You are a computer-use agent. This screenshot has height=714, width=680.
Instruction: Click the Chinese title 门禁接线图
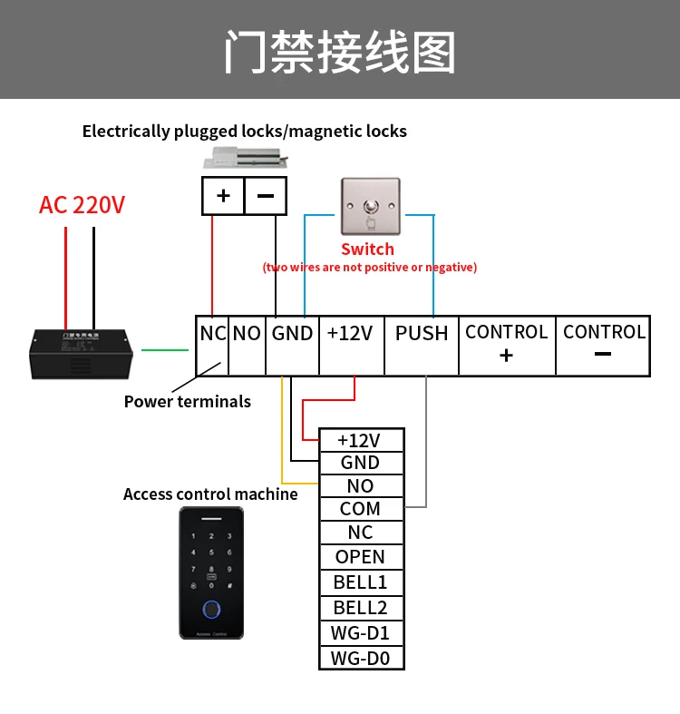point(340,52)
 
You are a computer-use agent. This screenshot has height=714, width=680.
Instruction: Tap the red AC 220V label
point(82,205)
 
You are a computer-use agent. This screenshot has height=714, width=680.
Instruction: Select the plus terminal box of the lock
point(223,195)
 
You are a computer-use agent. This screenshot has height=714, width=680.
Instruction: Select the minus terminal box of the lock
point(266,195)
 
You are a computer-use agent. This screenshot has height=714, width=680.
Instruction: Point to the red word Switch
point(367,249)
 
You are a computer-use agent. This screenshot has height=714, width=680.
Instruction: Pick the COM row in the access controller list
point(360,509)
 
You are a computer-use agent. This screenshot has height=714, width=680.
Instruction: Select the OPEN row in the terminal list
point(360,557)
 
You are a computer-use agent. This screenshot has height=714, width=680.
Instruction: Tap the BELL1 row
point(360,582)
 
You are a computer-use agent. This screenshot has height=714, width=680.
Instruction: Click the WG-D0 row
point(360,659)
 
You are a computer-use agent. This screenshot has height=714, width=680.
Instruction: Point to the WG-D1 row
point(360,633)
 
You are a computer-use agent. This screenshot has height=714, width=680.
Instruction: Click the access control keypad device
point(210,572)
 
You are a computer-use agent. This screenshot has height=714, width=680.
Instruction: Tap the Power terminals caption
point(187,401)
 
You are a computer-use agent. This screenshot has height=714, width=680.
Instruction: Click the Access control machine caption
point(210,494)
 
